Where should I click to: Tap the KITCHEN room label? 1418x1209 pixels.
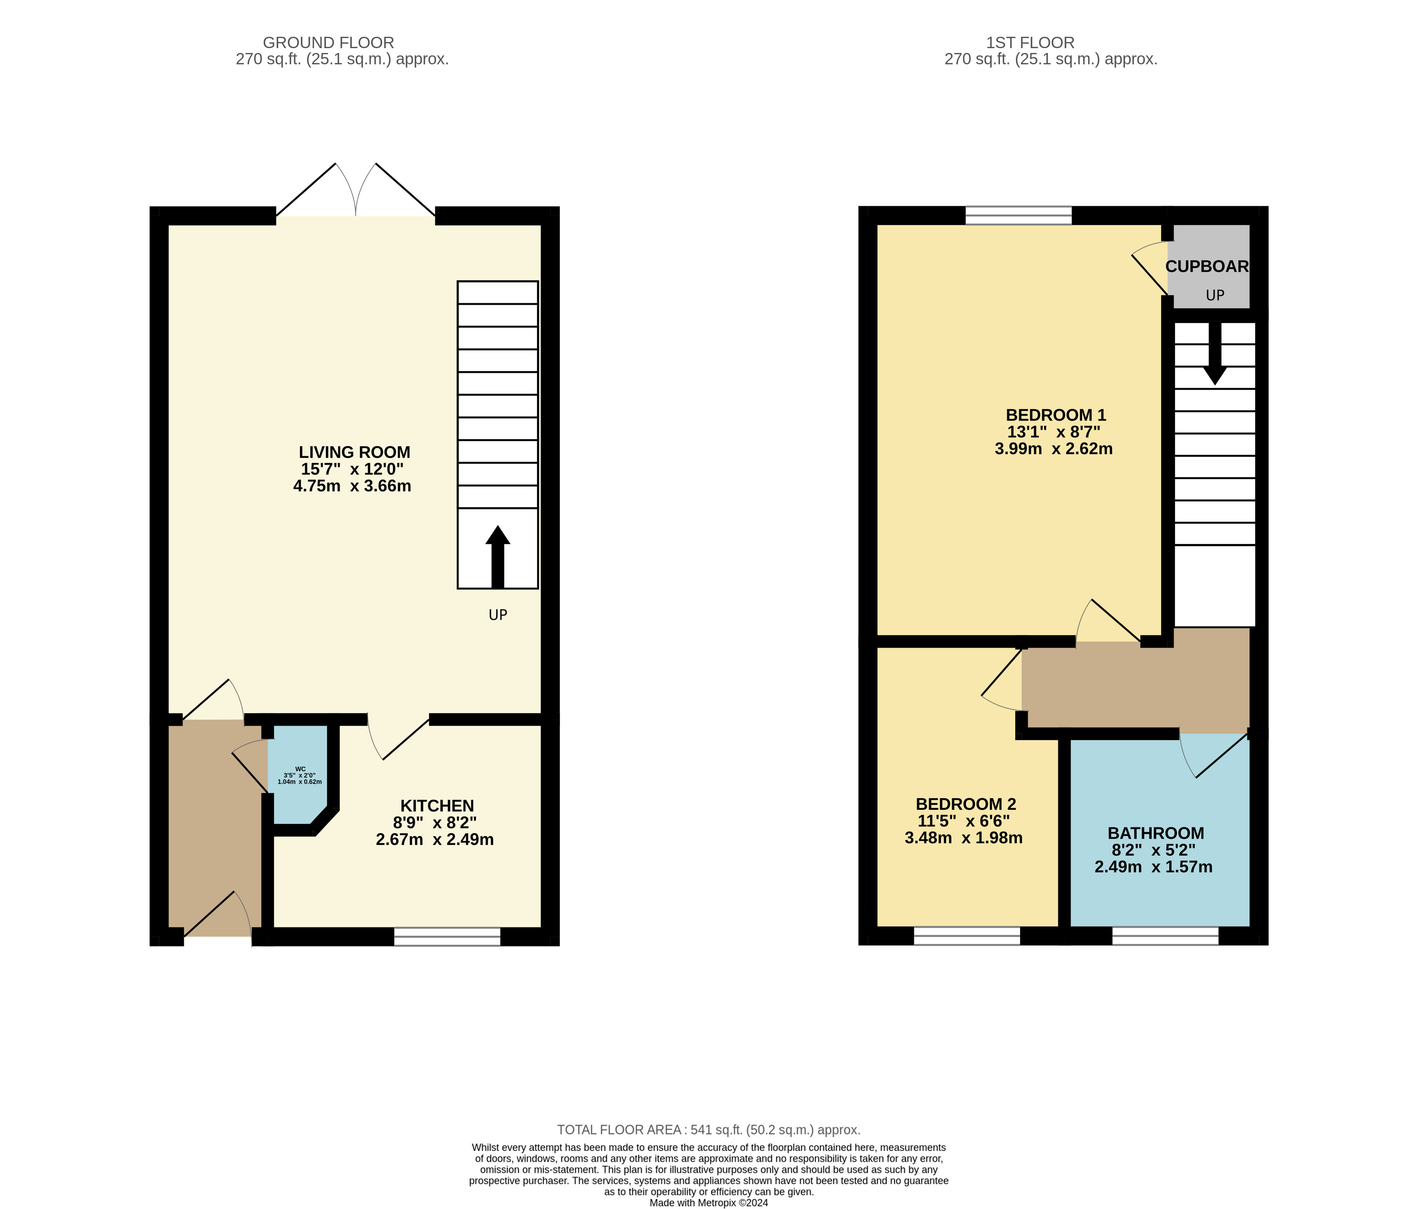[x=437, y=806]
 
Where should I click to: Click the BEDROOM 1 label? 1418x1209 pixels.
[x=1055, y=415]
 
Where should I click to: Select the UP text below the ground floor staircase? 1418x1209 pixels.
[x=497, y=615]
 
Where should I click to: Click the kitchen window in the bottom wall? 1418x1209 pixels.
[x=447, y=936]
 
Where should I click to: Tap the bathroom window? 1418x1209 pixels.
[x=1165, y=936]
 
